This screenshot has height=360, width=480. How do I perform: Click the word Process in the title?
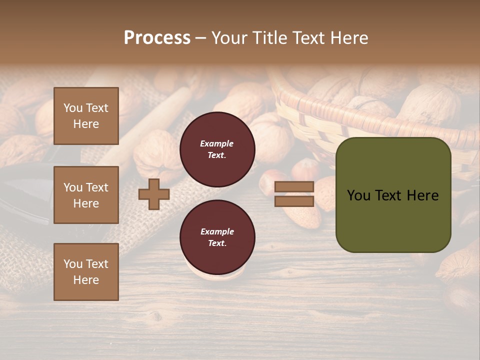(x=157, y=38)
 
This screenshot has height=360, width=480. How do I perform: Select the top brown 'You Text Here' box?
(x=86, y=116)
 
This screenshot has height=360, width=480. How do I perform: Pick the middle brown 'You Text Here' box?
(x=86, y=195)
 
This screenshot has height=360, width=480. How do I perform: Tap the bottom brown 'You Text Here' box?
(x=86, y=272)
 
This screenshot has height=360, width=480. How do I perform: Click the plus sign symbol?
(x=154, y=194)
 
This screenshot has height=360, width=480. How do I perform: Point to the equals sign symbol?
(x=294, y=194)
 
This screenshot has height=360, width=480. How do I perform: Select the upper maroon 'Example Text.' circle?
(x=217, y=149)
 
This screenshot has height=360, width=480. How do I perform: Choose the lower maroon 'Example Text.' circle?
(x=217, y=237)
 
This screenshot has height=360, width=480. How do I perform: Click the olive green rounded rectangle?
(x=393, y=195)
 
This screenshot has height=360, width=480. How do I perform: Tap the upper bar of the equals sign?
(x=294, y=187)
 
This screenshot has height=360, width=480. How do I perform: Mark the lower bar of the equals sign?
(x=294, y=201)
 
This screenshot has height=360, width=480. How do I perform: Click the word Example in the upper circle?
(x=217, y=143)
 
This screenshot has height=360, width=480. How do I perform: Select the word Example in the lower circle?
(x=217, y=231)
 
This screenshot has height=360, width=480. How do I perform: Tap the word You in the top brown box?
(x=73, y=108)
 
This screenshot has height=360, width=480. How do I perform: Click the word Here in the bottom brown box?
(x=86, y=280)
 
